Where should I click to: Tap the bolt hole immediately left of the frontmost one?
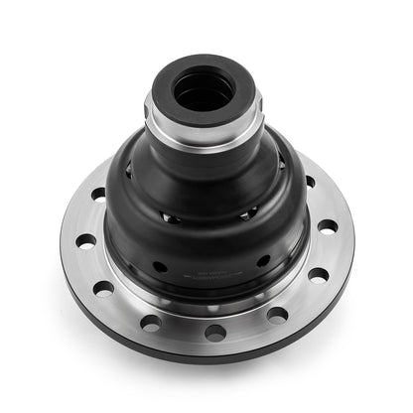[151, 322]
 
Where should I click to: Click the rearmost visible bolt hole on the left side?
[98, 195]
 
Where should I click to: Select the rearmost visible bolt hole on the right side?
[309, 182]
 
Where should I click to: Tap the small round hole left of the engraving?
[160, 266]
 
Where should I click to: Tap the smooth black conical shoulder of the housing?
[204, 179]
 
